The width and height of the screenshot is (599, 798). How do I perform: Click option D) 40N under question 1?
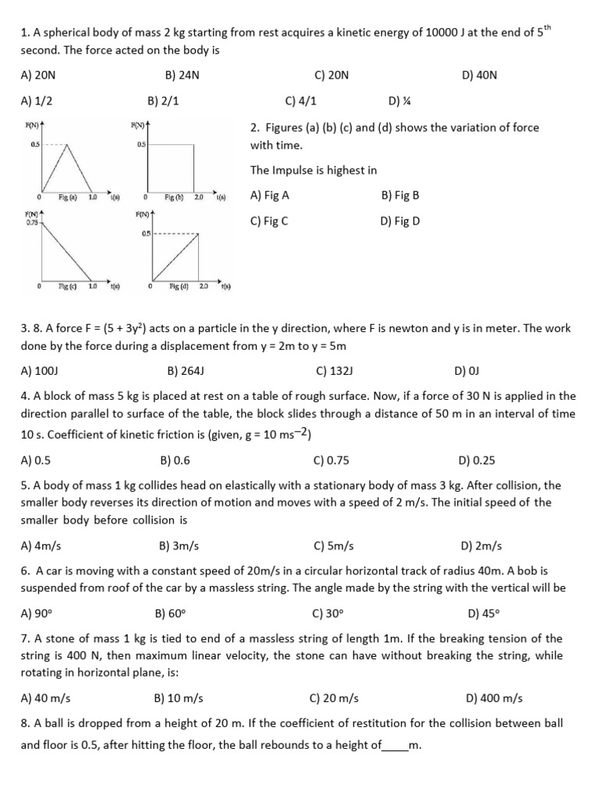(479, 75)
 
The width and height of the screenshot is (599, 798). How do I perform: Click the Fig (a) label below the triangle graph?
(69, 198)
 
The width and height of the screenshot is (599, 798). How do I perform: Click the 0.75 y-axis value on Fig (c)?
(32, 222)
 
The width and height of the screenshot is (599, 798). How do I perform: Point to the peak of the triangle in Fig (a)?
(68, 144)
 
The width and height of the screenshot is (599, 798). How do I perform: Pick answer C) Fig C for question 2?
(269, 221)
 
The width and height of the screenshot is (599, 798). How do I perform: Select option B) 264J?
(186, 371)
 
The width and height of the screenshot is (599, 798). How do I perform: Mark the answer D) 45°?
(482, 613)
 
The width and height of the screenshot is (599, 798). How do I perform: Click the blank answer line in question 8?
(395, 747)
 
